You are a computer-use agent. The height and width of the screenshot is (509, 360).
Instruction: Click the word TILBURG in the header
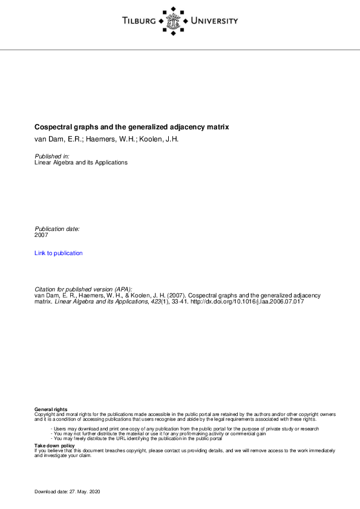coord(138,21)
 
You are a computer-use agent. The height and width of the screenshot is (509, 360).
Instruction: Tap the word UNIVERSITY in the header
coord(214,21)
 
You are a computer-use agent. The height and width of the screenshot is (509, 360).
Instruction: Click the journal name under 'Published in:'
coord(81,163)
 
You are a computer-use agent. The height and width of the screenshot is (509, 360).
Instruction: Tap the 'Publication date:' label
coord(57,229)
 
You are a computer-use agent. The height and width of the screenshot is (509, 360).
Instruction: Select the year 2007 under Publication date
coord(42,236)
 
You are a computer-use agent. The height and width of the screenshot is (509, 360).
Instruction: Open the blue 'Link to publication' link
coord(59,253)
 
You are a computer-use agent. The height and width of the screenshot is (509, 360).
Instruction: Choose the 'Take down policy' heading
coord(54,446)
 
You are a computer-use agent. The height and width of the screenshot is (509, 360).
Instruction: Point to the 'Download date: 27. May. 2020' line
coord(67,492)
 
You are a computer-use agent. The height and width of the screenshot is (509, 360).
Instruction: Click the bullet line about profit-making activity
coord(151,433)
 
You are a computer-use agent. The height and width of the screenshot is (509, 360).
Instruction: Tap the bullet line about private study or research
coord(185,429)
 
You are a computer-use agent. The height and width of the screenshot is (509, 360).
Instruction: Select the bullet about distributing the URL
coord(137,438)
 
